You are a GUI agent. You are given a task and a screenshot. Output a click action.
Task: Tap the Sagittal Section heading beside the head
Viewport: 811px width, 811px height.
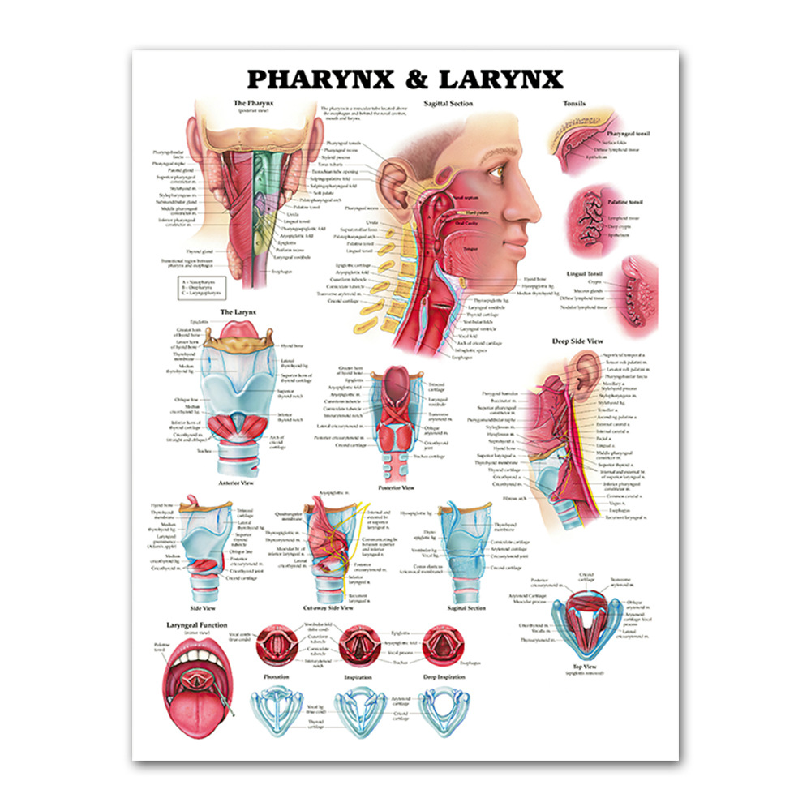(x=448, y=104)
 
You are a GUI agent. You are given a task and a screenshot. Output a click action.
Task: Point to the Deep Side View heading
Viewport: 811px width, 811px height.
(x=577, y=341)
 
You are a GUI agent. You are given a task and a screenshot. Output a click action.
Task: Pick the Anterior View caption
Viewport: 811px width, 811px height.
(x=238, y=482)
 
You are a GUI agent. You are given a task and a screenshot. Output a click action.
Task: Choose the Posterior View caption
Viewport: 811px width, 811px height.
(x=397, y=487)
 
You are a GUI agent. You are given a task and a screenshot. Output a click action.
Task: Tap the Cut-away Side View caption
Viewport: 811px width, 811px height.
(x=328, y=607)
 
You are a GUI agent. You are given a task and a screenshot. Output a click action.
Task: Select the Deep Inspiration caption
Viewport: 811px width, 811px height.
(x=443, y=676)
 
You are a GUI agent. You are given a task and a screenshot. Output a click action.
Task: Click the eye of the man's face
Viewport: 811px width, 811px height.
(x=496, y=171)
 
